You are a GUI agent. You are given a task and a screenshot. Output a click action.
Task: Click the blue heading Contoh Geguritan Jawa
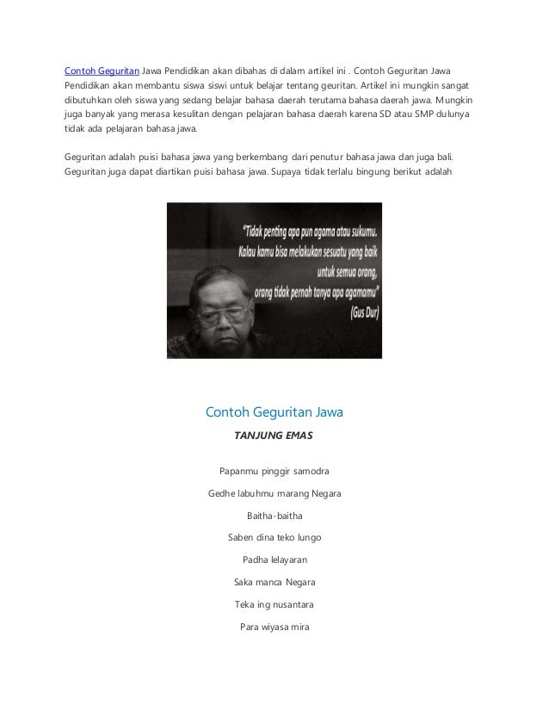[274, 412]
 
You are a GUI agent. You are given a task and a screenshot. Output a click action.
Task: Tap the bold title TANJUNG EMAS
[274, 436]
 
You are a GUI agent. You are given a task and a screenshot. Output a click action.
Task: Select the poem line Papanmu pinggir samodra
[274, 471]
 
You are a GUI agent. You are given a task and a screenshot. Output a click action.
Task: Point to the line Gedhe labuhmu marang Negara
[274, 494]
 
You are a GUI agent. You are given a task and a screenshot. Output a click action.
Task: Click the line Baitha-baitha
[274, 516]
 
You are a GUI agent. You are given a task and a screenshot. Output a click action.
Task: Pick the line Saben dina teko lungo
[274, 538]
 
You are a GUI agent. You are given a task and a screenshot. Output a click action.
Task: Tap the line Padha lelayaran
[274, 560]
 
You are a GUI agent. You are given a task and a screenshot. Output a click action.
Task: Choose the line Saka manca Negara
[274, 583]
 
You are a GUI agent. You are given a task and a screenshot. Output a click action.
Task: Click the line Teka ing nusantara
[274, 604]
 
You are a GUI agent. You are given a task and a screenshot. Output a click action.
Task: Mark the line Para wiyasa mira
[274, 627]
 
